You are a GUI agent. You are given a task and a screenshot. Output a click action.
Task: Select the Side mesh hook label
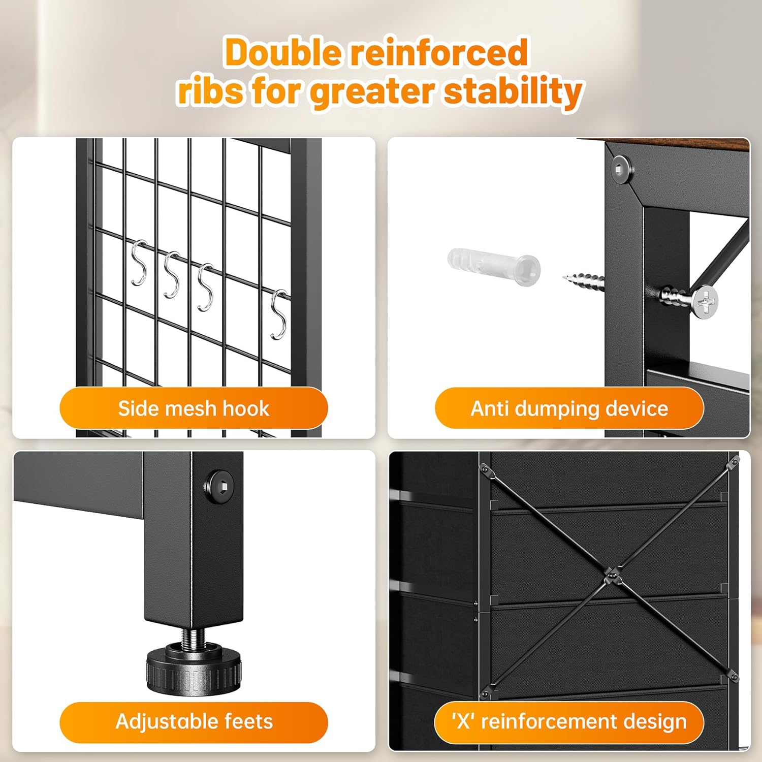[194, 408]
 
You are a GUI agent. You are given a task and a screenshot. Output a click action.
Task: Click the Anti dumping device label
[569, 408]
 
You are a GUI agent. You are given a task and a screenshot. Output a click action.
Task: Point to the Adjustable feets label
[194, 722]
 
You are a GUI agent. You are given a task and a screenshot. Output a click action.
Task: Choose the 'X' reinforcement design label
[569, 721]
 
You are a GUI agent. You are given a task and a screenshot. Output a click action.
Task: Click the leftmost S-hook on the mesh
[139, 263]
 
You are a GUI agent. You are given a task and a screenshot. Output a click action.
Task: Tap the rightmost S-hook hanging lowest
[279, 314]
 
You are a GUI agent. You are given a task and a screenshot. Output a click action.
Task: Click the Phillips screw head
[705, 302]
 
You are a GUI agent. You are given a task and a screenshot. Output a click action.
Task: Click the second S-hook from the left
[172, 274]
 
